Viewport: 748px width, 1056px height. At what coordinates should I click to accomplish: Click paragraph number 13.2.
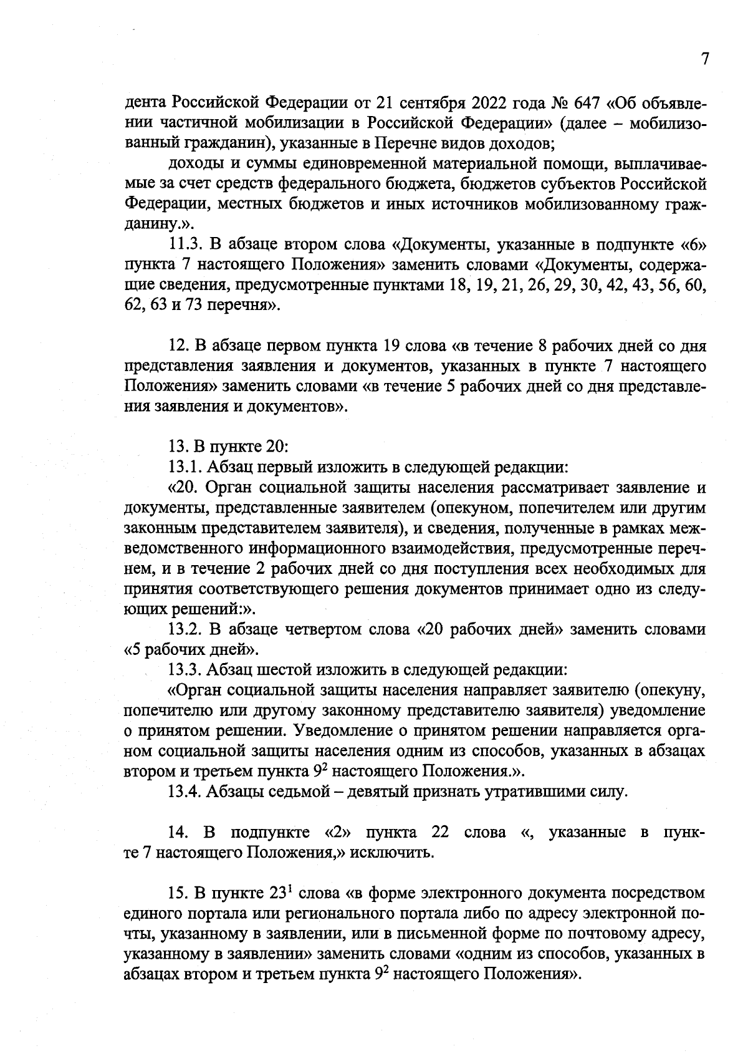pyautogui.click(x=185, y=630)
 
